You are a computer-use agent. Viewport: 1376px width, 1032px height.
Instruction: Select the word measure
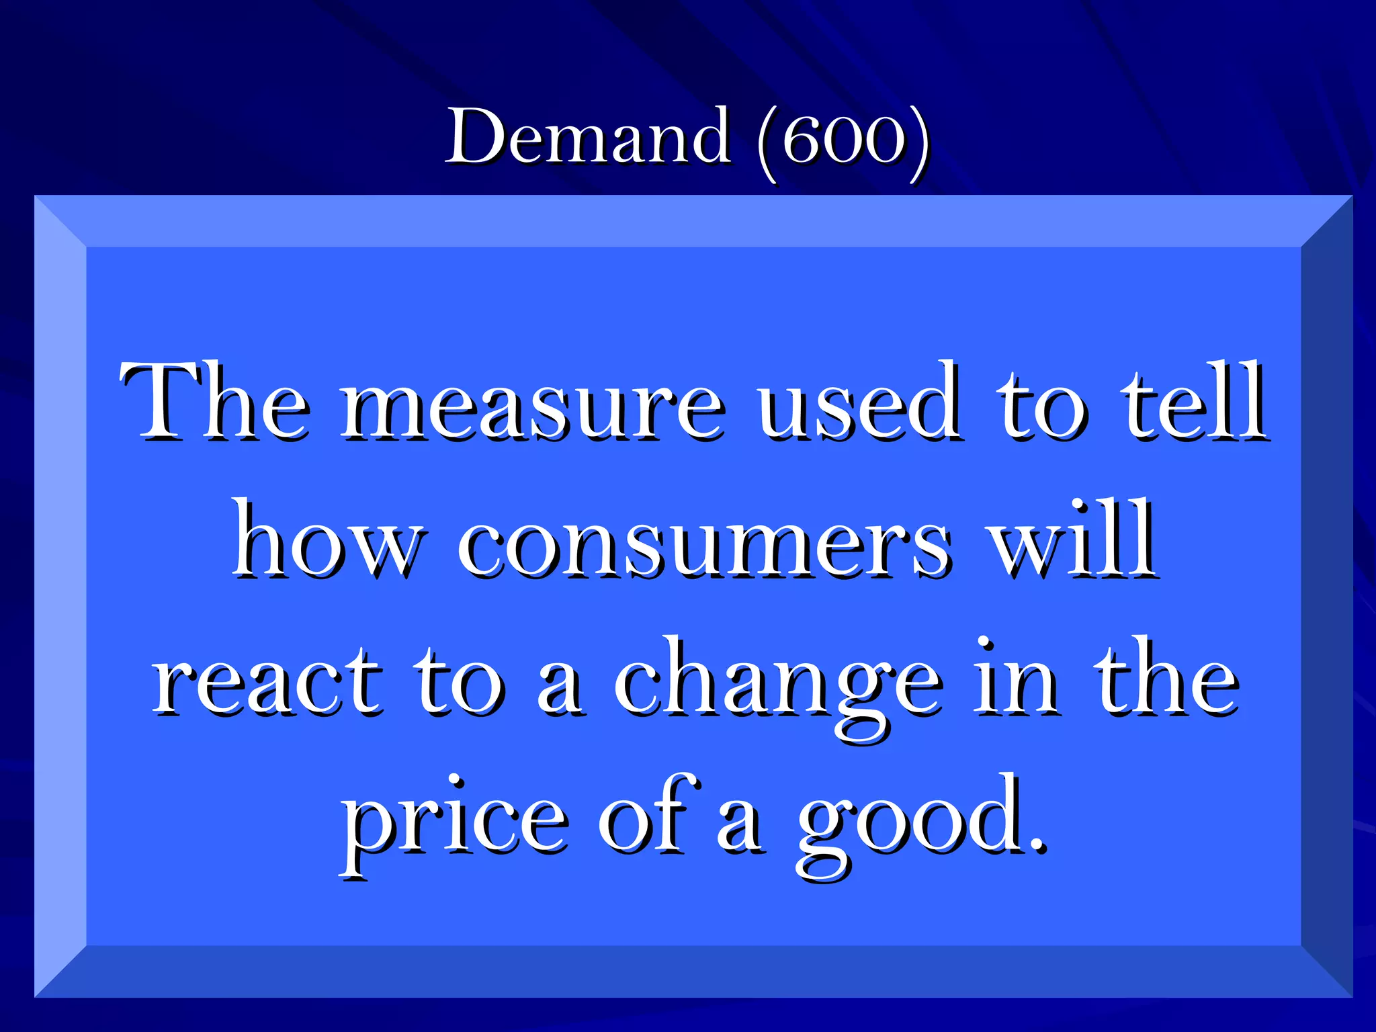(x=533, y=406)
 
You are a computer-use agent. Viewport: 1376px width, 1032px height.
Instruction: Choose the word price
(x=454, y=823)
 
